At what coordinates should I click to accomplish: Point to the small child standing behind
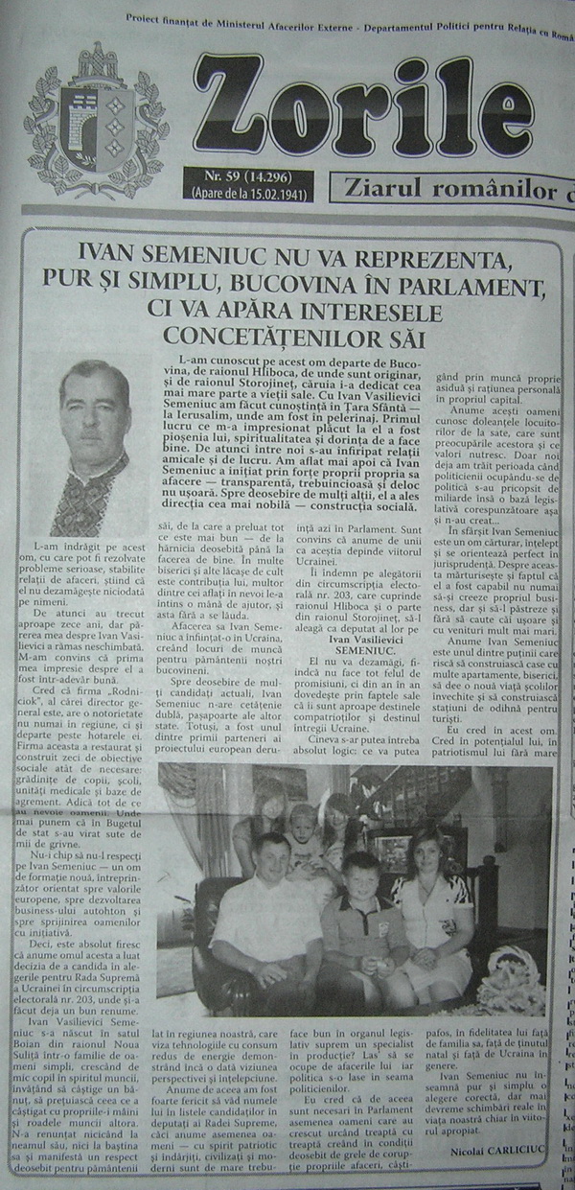[305, 834]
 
